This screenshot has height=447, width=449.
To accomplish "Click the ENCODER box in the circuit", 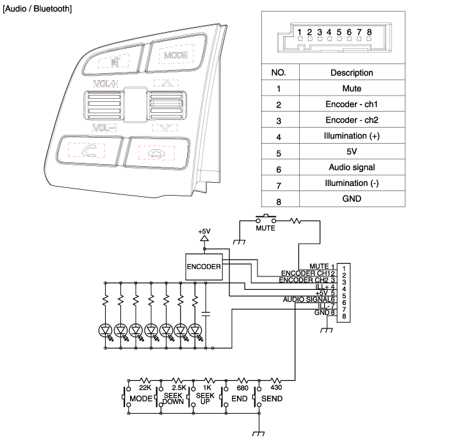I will pos(204,266).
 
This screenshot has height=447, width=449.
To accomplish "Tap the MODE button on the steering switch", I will pos(176,55).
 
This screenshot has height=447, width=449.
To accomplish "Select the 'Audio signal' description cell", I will pos(352,167).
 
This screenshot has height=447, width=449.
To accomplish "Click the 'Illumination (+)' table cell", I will pos(352,136).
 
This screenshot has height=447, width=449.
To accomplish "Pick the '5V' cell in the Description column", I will pos(352,151).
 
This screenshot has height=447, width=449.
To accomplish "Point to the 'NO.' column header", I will pos(279,72).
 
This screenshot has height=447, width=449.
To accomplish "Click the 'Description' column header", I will pos(352,72).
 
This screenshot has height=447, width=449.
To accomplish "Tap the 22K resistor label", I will pos(144,388).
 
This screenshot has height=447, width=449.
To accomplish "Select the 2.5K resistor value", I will pos(179,388).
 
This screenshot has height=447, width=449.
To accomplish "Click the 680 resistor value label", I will pos(243,388).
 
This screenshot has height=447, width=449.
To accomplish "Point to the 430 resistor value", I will pos(276,388).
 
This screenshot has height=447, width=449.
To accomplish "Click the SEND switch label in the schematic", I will pos(272,399).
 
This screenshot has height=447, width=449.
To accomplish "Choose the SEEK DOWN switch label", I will pos(173,399).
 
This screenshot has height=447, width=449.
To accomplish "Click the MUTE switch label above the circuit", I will pos(265,228).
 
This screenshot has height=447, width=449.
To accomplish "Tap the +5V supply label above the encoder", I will pos(204,231).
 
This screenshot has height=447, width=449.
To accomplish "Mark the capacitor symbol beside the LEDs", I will pos(205,314).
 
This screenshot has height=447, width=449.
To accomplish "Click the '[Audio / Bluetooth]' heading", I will pos(37,9).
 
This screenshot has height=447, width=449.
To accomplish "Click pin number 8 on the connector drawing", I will pos(369,31).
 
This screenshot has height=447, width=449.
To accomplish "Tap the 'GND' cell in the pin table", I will pos(352,199).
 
